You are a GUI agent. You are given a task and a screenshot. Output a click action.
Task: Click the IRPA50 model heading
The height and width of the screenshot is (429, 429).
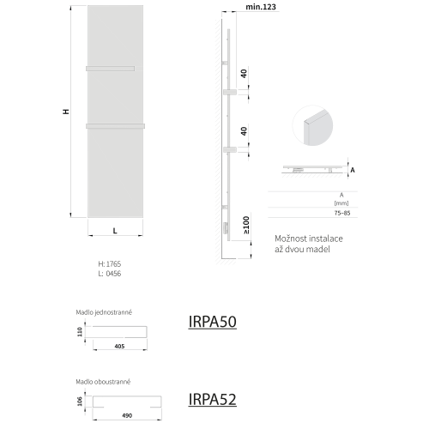(212, 322)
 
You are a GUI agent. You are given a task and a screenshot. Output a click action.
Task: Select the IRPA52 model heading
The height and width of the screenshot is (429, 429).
(212, 399)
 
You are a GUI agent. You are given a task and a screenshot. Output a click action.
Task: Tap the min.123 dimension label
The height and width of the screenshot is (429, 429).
(261, 7)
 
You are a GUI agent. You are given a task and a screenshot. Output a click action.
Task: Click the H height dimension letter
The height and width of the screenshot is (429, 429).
(66, 112)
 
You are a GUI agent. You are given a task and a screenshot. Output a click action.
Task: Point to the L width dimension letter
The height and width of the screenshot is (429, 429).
(115, 231)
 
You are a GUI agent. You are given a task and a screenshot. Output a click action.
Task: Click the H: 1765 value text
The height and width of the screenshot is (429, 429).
(110, 263)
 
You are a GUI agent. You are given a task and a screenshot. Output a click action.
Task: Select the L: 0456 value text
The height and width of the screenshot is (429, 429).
(110, 274)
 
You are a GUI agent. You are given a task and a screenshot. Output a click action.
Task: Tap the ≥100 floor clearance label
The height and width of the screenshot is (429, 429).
(246, 225)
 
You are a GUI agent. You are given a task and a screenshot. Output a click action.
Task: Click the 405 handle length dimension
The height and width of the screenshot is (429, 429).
(119, 347)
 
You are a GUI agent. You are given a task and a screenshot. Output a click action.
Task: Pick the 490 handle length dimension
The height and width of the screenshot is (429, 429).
(127, 415)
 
